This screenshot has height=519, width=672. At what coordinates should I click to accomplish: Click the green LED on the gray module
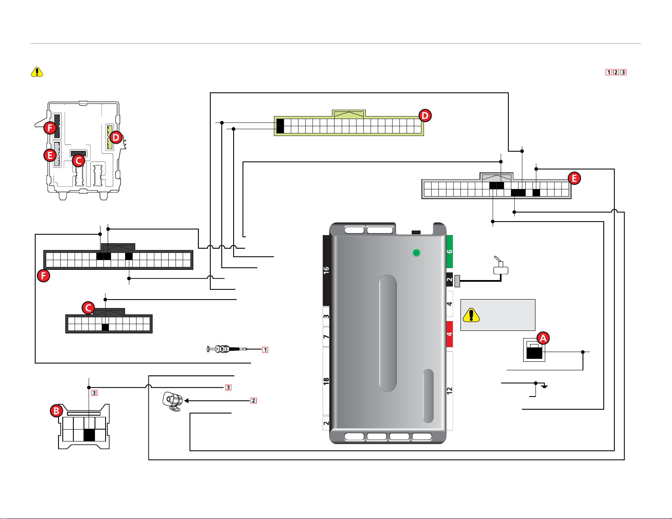(416, 253)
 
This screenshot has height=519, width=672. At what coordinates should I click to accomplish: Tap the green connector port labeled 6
(449, 252)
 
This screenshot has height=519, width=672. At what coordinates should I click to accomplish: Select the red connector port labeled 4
(449, 334)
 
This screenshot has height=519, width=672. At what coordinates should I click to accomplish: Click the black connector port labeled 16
(326, 270)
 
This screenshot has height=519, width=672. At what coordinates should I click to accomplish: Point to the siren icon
(173, 401)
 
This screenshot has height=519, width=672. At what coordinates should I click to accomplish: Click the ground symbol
(544, 386)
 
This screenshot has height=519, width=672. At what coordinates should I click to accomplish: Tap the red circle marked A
(543, 338)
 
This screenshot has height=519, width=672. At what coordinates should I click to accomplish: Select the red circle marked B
(56, 411)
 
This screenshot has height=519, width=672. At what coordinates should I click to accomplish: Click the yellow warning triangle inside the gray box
(471, 315)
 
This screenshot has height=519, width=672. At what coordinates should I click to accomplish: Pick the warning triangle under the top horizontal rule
(37, 72)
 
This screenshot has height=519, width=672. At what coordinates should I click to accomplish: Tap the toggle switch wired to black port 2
(500, 266)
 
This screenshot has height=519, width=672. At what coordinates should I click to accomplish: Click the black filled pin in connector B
(89, 435)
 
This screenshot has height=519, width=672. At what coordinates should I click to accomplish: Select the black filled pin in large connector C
(105, 327)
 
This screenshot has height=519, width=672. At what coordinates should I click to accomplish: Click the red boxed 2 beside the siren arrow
(253, 401)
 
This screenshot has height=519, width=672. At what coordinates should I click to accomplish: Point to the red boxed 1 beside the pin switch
(265, 350)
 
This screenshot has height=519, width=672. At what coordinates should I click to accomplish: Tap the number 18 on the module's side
(326, 382)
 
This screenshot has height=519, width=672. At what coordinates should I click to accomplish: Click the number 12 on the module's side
(450, 391)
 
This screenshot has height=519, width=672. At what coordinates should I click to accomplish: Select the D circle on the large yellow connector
(425, 116)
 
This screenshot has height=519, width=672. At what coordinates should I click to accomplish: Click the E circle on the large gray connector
(574, 178)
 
